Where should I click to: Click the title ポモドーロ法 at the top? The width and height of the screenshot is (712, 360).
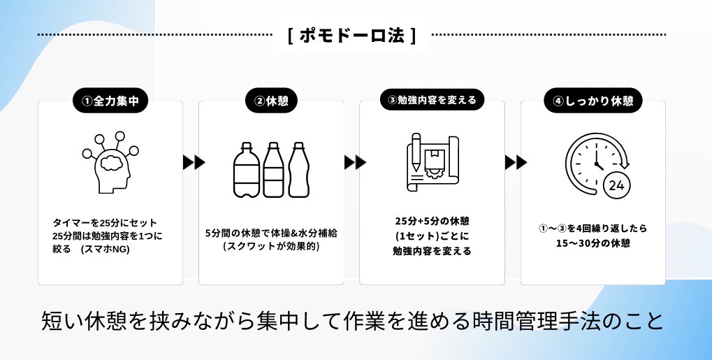coord(352,36)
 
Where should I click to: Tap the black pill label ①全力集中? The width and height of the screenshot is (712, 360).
coord(110,100)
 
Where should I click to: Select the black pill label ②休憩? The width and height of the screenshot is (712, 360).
coord(271,100)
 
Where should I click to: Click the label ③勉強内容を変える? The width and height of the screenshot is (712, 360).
coord(432,100)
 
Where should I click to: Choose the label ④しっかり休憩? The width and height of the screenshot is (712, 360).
coord(593,100)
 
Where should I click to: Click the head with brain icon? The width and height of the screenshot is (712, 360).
coord(110,163)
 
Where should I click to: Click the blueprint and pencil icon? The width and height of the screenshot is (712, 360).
coord(432,163)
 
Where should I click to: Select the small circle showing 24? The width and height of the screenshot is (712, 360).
coord(616,185)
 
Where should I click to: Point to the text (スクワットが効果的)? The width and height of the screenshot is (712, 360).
coord(271,246)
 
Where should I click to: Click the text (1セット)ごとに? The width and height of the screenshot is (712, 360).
coord(432,236)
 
